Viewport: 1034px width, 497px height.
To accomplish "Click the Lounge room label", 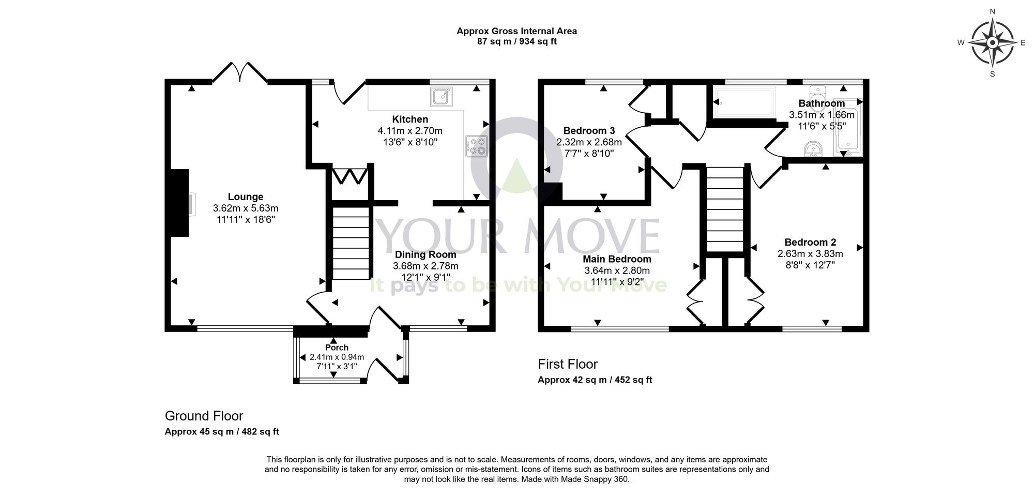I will [x=246, y=197].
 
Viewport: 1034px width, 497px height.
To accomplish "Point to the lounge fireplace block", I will [x=179, y=203].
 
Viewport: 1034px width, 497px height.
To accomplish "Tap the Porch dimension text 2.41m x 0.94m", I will [x=337, y=357].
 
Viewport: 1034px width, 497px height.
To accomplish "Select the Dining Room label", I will [x=425, y=254].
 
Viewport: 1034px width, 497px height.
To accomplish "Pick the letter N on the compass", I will [x=992, y=11].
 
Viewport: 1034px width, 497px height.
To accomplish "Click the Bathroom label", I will [x=822, y=103].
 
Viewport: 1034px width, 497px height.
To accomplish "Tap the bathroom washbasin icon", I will [x=814, y=149].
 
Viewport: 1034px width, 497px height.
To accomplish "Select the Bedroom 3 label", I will [x=589, y=130].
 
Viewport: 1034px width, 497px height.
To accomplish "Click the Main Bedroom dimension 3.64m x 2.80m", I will [x=617, y=270].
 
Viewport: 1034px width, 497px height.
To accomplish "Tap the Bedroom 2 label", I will [x=810, y=242].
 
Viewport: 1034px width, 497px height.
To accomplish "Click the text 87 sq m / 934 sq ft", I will [x=516, y=41].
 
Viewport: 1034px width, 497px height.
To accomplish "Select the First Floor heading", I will [x=568, y=364].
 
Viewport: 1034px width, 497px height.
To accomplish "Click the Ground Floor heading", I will [x=204, y=416].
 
